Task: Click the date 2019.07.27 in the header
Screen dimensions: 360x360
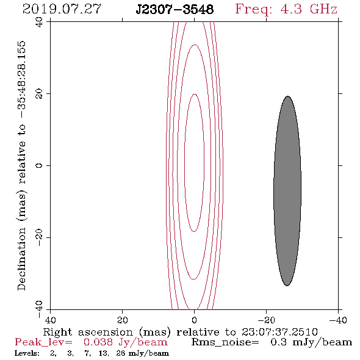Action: point(62,9)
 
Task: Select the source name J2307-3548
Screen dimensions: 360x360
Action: point(175,10)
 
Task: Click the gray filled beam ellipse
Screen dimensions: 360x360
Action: point(287,191)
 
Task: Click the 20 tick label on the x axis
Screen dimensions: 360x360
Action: point(122,320)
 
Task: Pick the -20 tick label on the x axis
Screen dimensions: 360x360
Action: point(266,320)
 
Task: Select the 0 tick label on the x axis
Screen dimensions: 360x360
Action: point(195,320)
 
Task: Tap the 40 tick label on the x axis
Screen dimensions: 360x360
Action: point(50,320)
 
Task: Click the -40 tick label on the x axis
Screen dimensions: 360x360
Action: point(338,320)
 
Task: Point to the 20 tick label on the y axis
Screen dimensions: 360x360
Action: point(39,94)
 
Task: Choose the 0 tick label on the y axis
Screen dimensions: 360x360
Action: point(39,165)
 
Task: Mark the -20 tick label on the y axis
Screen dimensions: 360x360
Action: point(39,237)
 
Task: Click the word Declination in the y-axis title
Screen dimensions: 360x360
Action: point(21,259)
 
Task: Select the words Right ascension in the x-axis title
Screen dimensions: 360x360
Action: point(88,332)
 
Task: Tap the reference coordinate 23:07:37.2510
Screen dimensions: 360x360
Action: point(279,332)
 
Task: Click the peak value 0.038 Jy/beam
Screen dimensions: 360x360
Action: point(125,342)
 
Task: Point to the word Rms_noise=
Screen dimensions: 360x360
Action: point(225,342)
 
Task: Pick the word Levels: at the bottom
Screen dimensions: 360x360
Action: point(27,353)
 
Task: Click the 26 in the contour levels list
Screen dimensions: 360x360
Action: point(121,353)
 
